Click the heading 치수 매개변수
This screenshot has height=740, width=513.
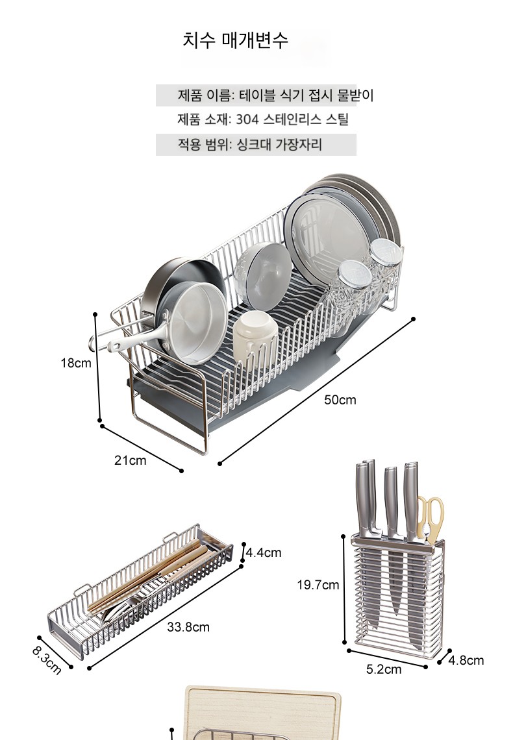[x=235, y=40]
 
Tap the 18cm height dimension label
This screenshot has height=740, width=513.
[x=76, y=363]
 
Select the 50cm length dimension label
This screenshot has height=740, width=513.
[x=340, y=400]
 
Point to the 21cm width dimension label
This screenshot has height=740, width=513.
[x=131, y=460]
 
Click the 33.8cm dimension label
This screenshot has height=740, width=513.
[x=188, y=627]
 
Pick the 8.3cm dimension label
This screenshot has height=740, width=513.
[x=47, y=660]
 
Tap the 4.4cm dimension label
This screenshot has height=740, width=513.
[x=264, y=552]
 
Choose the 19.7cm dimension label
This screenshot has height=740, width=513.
[x=318, y=586]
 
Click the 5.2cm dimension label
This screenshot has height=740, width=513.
[x=384, y=669]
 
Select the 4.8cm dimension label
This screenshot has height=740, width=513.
[x=466, y=660]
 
